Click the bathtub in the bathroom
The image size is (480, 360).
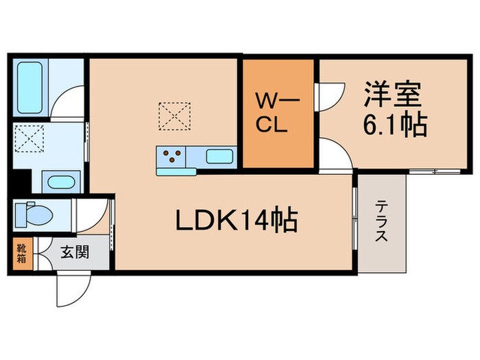tap(31, 88)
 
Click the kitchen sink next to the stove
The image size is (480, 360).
tap(218, 156)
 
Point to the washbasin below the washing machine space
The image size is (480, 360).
tap(61, 184)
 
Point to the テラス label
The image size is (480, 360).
tap(381, 221)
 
